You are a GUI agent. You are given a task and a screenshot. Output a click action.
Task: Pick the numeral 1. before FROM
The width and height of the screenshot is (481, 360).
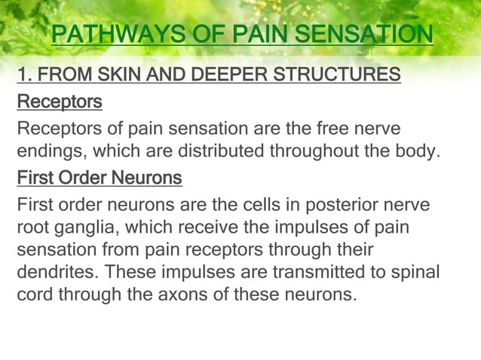click(x=24, y=77)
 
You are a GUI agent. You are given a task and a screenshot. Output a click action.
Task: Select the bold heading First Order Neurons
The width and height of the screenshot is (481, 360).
click(x=99, y=178)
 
